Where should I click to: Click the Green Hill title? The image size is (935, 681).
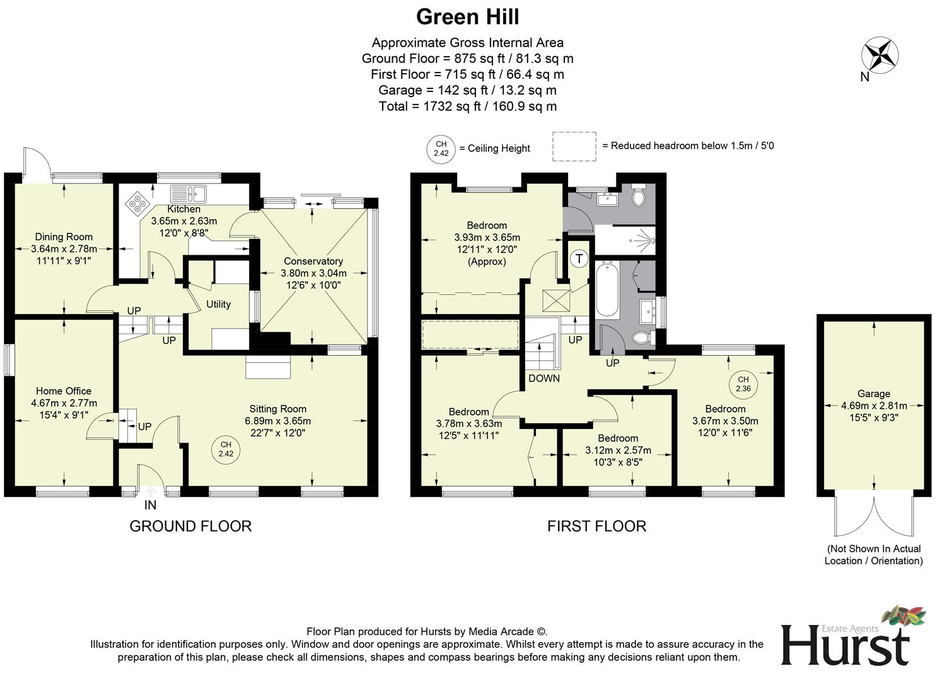tap(467, 17)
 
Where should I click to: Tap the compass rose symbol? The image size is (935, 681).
tap(880, 55)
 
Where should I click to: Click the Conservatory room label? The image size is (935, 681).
tap(313, 261)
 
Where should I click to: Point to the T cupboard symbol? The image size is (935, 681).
tap(579, 259)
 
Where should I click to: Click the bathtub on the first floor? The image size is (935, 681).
tap(607, 289)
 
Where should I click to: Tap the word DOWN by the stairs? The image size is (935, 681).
tap(543, 378)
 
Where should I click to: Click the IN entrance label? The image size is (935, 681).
tap(150, 505)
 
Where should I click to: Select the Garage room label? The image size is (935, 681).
tap(873, 393)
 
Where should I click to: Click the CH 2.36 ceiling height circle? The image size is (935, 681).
tap(743, 383)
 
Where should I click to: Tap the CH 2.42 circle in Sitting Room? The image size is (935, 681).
tap(226, 449)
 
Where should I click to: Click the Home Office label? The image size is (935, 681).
tap(64, 391)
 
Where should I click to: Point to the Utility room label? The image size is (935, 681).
tap(218, 304)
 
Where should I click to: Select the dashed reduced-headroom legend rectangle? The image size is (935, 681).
tap(574, 146)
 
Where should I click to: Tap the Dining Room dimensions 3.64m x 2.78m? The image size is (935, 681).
tap(64, 248)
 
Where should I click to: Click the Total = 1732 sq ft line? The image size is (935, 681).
tap(467, 106)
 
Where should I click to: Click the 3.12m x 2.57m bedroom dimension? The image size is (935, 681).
tap(618, 450)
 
